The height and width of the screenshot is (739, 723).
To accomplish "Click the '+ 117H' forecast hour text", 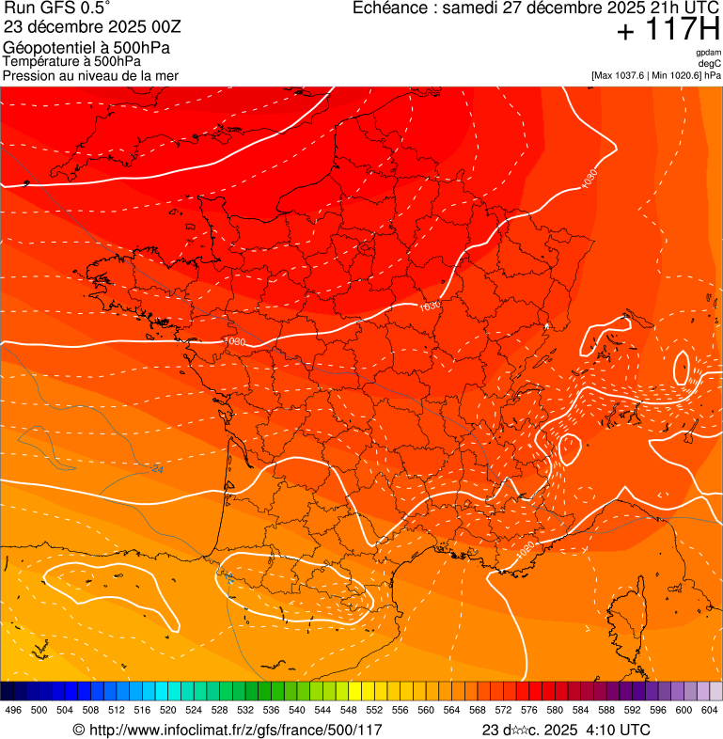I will click(668, 30).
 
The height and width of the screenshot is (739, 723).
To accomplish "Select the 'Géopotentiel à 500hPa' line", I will click(86, 48).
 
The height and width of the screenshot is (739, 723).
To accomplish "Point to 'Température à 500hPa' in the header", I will click(72, 62).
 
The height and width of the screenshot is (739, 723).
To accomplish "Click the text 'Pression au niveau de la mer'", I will click(90, 75).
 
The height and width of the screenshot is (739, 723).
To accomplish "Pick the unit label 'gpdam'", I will click(708, 53).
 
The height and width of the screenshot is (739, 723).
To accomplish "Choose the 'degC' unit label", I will click(710, 64).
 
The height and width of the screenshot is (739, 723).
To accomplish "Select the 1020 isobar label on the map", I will click(526, 546).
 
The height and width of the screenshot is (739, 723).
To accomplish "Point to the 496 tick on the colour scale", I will click(13, 710).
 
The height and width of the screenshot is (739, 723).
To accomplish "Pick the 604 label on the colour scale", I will click(710, 710).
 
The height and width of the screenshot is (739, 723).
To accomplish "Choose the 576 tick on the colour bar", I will click(529, 710).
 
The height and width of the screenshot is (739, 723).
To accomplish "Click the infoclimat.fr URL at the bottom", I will click(235, 730).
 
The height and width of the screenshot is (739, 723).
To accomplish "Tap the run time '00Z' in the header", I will click(165, 27).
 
